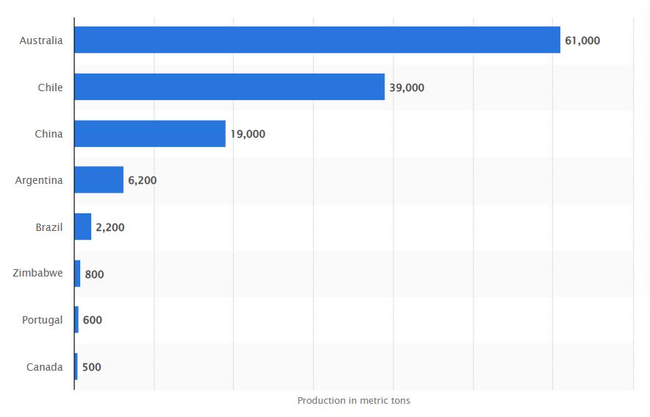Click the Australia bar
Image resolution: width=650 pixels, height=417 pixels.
(x=317, y=40)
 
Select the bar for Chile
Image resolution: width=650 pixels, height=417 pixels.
(x=229, y=87)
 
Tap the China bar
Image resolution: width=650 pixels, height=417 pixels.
(x=150, y=134)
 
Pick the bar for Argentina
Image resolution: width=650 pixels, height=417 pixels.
(x=99, y=180)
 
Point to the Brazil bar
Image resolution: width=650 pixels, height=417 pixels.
(x=83, y=227)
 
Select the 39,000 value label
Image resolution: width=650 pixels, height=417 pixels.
(x=407, y=88)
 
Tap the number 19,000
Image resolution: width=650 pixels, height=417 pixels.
(x=248, y=134)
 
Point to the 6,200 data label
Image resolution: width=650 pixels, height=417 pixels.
(x=143, y=180)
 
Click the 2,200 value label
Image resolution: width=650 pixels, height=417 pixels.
(x=110, y=227)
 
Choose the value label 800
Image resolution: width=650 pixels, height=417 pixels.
(x=94, y=274)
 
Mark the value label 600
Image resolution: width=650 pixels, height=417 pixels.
(x=93, y=320)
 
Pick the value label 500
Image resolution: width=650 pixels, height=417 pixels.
(x=92, y=367)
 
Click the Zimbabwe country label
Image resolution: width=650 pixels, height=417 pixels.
(x=37, y=274)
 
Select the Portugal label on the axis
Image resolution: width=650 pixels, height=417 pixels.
(x=42, y=320)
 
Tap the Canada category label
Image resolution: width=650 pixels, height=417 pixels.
(x=44, y=367)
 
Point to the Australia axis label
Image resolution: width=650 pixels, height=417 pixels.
(x=41, y=41)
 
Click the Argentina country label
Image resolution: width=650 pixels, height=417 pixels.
(x=39, y=180)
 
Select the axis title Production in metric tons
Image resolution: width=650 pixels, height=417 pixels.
(x=354, y=401)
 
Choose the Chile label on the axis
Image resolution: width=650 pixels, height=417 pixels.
(x=51, y=88)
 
